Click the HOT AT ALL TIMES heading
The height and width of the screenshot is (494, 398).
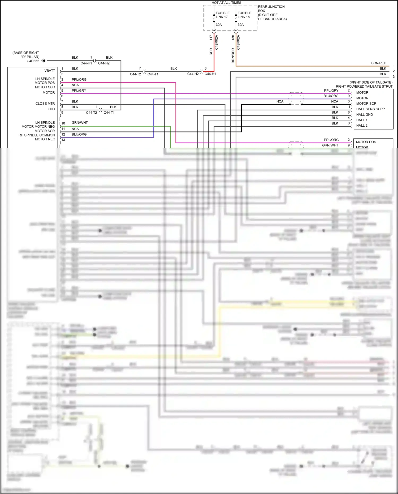tap(226, 3)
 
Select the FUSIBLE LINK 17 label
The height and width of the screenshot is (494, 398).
tap(222, 15)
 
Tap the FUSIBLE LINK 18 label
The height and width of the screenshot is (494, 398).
tap(244, 15)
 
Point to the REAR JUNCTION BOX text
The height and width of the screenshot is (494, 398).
tap(271, 8)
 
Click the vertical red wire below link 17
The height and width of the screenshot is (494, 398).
tap(214, 53)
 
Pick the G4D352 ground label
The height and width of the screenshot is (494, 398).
tap(33, 61)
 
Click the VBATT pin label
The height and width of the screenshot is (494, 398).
tap(50, 71)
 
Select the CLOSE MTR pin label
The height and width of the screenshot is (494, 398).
tap(45, 104)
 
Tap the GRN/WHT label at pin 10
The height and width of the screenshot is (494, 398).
tap(80, 123)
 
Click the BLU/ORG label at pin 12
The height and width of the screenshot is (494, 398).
tap(79, 134)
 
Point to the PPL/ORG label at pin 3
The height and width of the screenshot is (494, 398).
tap(79, 80)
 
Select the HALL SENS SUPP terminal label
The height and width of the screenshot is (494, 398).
tap(370, 109)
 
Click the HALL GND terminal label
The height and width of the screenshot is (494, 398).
tap(364, 115)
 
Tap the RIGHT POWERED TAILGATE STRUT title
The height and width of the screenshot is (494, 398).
tap(364, 87)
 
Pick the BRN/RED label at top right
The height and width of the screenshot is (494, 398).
tap(379, 63)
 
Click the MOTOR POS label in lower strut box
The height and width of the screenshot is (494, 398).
tap(366, 142)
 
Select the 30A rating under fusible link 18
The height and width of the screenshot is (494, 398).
tap(240, 25)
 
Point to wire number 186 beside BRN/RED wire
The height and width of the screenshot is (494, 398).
tap(233, 37)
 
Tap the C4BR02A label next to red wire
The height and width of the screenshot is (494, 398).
tap(216, 42)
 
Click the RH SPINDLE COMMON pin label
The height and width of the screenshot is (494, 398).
tap(37, 135)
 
